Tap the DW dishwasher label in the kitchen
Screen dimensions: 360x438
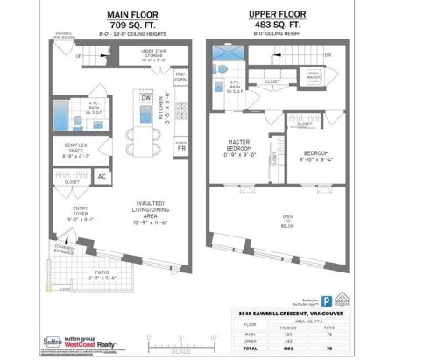(x=145, y=97)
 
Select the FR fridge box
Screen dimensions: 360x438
(x=181, y=149)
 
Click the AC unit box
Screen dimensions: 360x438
(x=102, y=176)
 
